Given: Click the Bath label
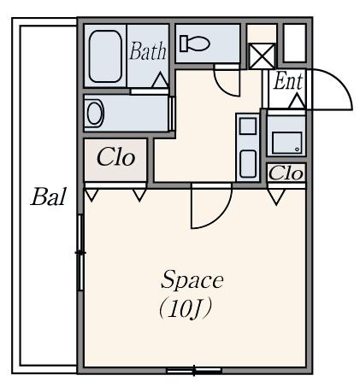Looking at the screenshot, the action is click(148, 51).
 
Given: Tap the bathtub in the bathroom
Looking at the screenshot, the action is click(105, 56).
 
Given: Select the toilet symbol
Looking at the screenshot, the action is click(195, 44).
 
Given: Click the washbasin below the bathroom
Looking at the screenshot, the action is click(95, 113).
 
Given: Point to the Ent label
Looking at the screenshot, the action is click(288, 81).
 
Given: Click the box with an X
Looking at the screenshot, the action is click(262, 56).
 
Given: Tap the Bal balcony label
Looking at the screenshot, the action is click(49, 196).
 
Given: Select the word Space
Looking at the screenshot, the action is click(192, 280).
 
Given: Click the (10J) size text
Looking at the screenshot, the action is click(186, 309).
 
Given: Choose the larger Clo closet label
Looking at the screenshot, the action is click(115, 157).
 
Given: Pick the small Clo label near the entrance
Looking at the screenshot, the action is click(286, 173).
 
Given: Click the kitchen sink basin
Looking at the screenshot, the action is click(248, 164).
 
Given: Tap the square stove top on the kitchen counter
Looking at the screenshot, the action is click(248, 126).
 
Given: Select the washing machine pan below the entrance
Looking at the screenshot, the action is click(287, 143).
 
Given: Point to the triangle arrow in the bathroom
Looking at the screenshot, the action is click(160, 80).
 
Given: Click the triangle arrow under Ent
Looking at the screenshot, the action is click(297, 101).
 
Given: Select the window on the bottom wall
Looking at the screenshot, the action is click(194, 371).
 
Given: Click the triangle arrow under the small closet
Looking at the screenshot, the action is click(276, 196).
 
